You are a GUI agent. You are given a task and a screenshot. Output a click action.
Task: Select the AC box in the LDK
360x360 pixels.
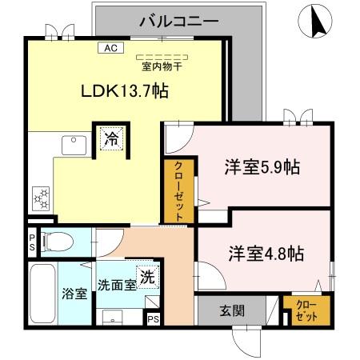(110, 48)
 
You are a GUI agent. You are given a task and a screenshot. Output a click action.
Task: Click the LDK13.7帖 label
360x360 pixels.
(124, 91)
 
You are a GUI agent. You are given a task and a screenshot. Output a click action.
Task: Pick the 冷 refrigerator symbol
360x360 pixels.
(110, 138)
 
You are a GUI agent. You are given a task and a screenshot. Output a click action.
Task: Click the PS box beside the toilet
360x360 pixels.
(31, 241)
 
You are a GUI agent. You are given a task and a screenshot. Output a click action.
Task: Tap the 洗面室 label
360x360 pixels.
(115, 285)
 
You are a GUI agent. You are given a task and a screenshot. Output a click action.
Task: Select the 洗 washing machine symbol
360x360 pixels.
(147, 276)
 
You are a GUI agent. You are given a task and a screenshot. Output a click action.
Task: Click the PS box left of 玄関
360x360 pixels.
(154, 318)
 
